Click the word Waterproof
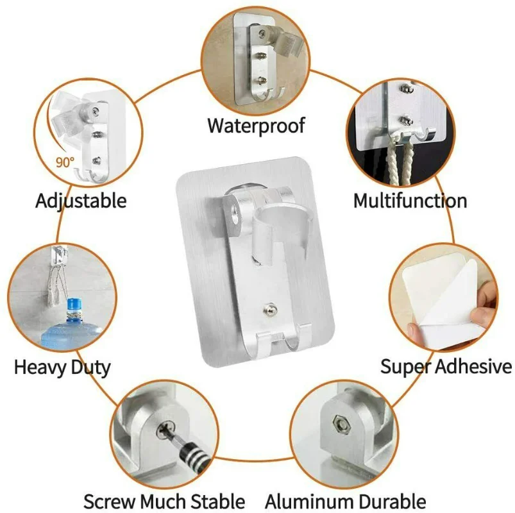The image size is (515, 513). [x=256, y=124]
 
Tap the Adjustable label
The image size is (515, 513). [x=81, y=200]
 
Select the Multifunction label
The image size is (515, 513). [x=410, y=200]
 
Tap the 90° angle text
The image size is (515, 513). [x=65, y=163]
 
